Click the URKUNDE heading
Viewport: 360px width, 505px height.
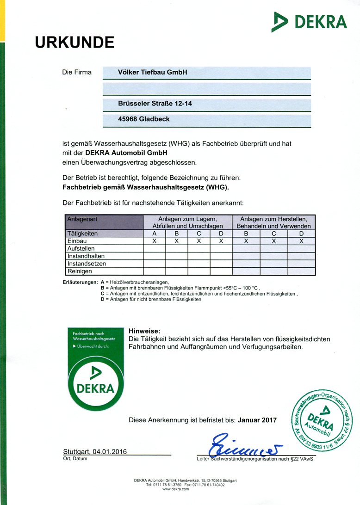pyautogui.click(x=74, y=43)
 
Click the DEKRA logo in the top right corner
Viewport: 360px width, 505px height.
pyautogui.click(x=309, y=22)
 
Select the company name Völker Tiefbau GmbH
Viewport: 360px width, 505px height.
pyautogui.click(x=152, y=73)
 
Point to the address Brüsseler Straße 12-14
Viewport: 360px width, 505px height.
pyautogui.click(x=155, y=104)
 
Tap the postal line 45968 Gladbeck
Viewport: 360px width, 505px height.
pyautogui.click(x=144, y=119)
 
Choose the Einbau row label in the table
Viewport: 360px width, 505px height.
pyautogui.click(x=77, y=241)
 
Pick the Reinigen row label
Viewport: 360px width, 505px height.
pyautogui.click(x=80, y=271)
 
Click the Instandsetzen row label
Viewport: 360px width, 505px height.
pyautogui.click(x=87, y=264)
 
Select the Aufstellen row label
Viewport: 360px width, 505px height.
pyautogui.click(x=81, y=248)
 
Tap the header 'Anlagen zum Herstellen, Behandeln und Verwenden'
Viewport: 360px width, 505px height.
pyautogui.click(x=273, y=222)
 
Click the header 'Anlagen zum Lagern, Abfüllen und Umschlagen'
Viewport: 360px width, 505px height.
pyautogui.click(x=188, y=222)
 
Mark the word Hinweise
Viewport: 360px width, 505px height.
pyautogui.click(x=144, y=331)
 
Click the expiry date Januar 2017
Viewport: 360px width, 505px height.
pyautogui.click(x=257, y=420)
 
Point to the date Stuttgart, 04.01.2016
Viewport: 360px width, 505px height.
pyautogui.click(x=95, y=451)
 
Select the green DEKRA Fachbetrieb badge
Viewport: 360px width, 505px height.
pyautogui.click(x=96, y=369)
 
